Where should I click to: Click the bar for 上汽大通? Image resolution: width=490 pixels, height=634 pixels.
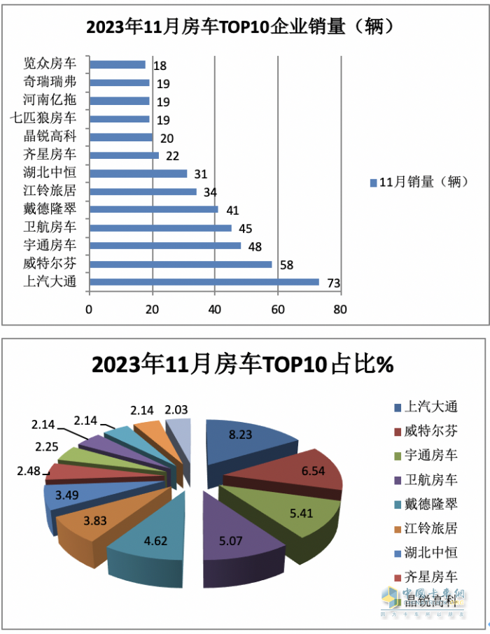203,282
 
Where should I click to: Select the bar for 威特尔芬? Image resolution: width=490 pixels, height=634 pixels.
181,264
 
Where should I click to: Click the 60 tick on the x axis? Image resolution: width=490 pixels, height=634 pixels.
278,309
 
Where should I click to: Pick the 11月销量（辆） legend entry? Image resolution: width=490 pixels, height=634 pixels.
416,183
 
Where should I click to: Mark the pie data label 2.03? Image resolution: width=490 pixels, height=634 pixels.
176,410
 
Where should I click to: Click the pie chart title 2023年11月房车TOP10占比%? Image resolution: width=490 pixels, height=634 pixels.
241,365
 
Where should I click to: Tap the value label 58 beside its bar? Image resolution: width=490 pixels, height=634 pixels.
286,265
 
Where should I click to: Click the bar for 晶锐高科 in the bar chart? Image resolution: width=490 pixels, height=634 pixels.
121,137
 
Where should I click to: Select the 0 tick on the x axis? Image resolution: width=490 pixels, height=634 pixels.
90,309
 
